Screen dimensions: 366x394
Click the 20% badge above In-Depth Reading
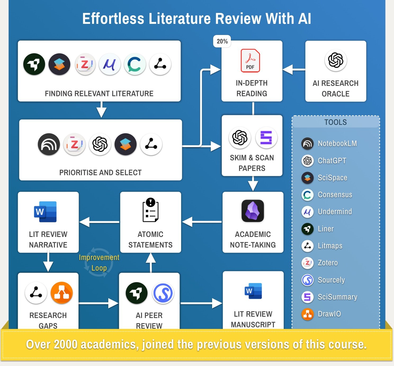222,41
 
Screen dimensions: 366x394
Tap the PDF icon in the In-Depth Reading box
250,61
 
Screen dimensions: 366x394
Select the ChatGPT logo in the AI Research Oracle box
335,60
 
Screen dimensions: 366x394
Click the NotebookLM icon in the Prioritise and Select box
49,144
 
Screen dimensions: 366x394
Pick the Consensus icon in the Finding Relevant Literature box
135,64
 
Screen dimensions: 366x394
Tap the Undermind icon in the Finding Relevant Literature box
110,64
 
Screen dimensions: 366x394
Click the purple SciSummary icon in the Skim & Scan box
266,138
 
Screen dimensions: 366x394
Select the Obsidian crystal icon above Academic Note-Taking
253,211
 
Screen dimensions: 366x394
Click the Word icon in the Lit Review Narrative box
45,212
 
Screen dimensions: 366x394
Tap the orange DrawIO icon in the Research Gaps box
62,293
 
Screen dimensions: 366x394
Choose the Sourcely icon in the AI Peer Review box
163,293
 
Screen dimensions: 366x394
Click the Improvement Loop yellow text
99,262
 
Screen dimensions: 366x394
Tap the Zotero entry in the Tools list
328,263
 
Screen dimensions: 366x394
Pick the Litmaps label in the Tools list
330,246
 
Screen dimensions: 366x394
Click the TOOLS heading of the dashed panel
335,122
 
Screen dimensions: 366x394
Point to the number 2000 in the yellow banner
66,345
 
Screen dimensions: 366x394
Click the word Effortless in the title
113,19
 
